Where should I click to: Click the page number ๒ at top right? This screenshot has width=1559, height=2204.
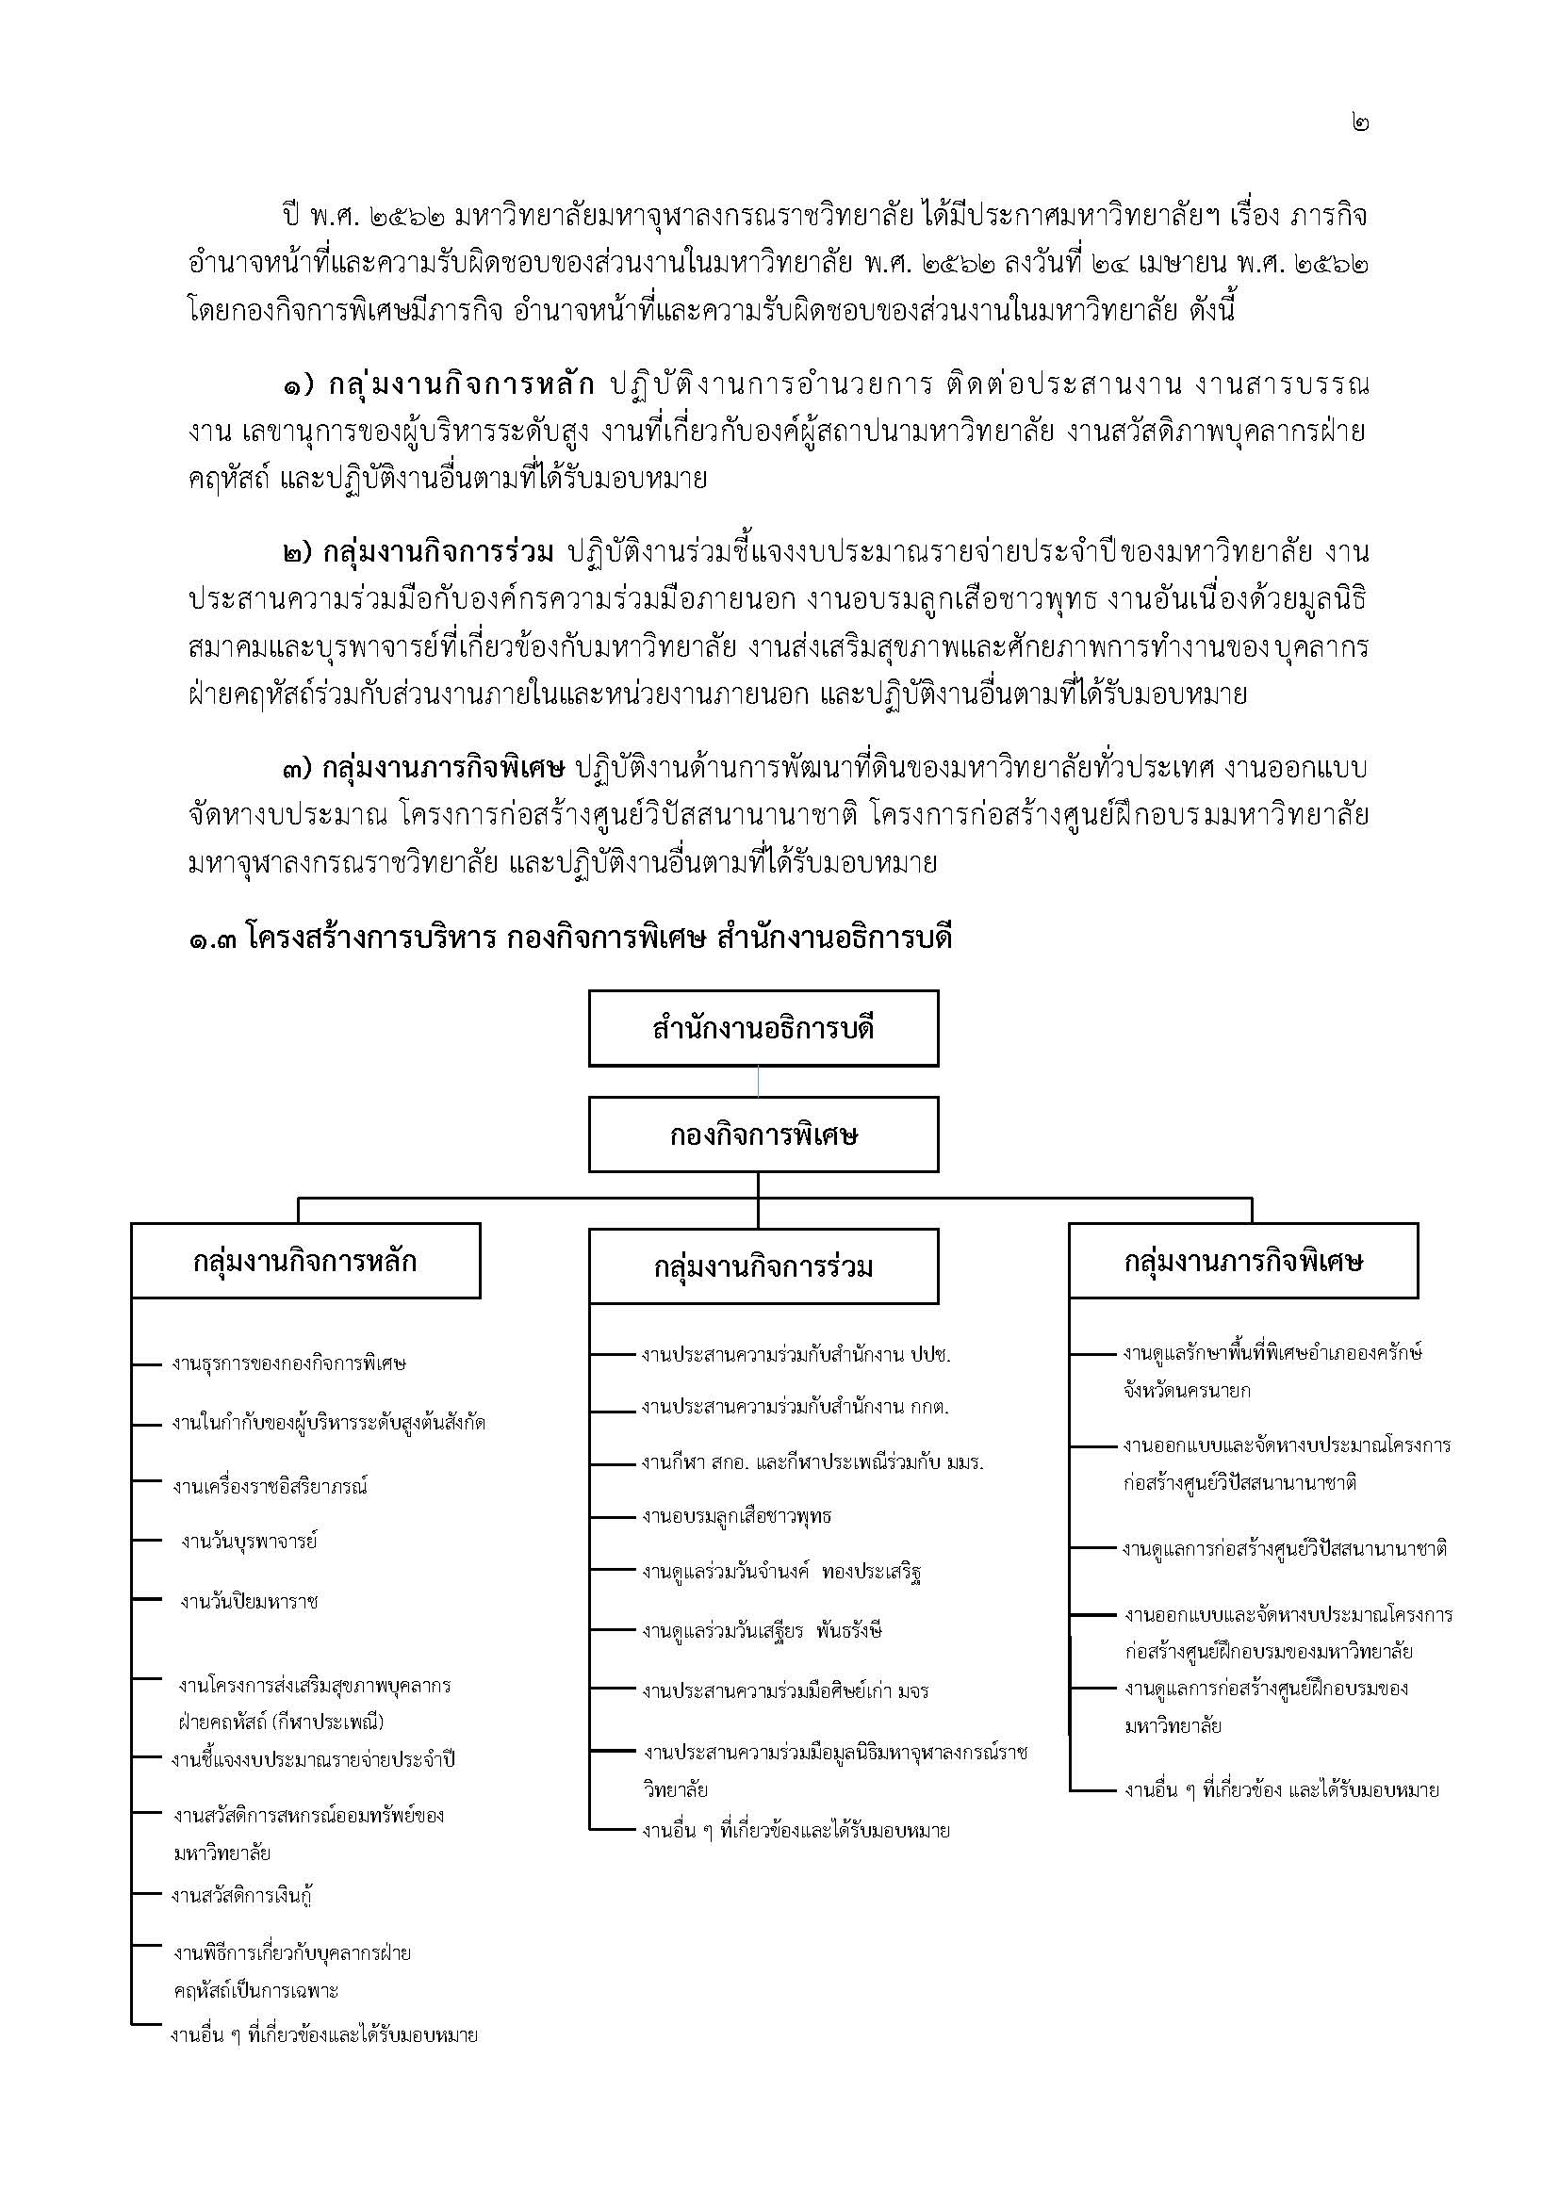1359,123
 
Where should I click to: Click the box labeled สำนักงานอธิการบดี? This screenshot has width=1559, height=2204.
763,1028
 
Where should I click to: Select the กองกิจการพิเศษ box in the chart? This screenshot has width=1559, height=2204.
763,1135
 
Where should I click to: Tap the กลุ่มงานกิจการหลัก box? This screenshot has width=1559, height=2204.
305,1261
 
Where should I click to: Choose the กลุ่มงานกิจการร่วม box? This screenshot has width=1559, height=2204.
763,1266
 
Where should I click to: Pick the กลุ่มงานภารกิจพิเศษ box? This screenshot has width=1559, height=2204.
1243,1261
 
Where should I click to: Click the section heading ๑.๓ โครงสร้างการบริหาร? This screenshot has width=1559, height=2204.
569,938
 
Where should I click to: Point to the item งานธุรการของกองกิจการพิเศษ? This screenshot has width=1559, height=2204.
289,1363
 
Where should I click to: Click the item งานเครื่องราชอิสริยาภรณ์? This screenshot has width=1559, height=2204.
270,1486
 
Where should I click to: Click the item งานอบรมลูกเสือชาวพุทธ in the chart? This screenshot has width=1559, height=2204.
736,1517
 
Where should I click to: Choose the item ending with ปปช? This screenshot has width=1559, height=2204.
796,1355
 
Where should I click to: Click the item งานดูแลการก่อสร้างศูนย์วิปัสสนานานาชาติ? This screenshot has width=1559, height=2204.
1285,1548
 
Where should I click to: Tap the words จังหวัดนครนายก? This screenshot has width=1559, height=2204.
1187,1390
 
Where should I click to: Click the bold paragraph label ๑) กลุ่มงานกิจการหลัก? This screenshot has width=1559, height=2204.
436,386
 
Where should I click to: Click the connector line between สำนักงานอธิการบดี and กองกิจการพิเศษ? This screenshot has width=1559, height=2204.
759,1082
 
